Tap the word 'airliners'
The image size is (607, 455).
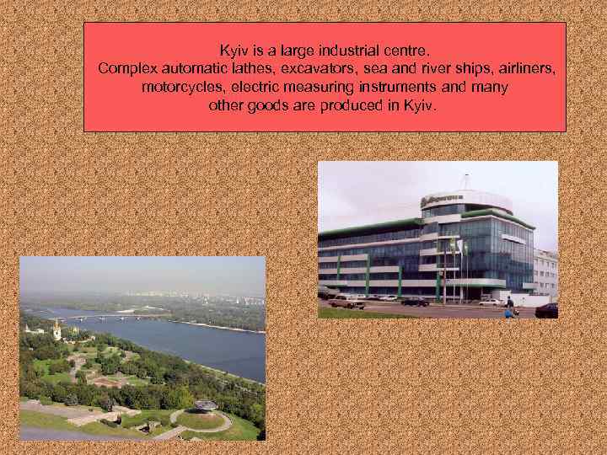(527, 68)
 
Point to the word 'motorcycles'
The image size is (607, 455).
(180, 88)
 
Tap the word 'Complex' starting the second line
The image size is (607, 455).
(125, 68)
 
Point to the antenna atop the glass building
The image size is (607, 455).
(465, 180)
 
